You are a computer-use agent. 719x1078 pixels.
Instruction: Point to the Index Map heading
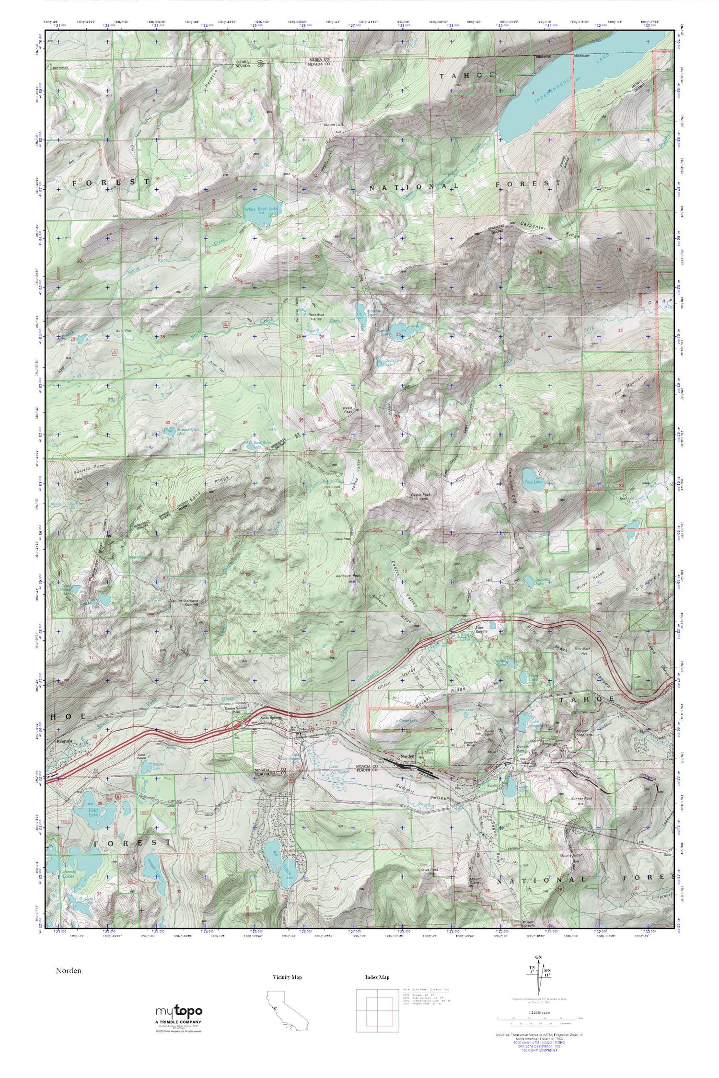[x=377, y=977]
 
